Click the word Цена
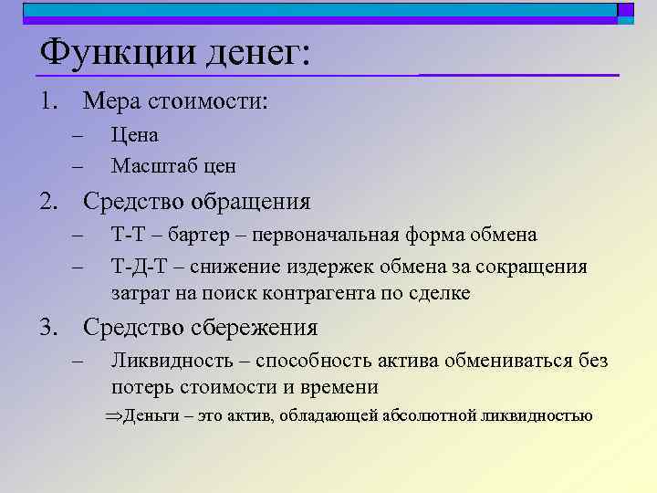point(134,135)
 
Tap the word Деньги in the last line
point(151,416)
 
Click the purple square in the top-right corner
point(625,10)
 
